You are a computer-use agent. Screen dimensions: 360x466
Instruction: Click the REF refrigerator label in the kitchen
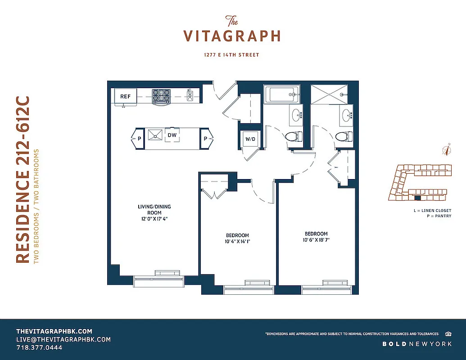pos(125,96)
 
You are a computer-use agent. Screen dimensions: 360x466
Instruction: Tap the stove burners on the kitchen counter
pos(161,96)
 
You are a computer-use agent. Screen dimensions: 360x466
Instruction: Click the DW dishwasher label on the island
pos(172,135)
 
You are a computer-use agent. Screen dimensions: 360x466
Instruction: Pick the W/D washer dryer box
pos(250,139)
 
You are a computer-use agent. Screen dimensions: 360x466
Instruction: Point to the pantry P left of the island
pos(139,139)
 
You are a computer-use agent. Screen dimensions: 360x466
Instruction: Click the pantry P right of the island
pos(205,139)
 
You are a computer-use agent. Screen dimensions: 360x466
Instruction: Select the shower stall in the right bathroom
pos(330,94)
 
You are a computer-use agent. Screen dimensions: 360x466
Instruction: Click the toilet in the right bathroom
pos(343,136)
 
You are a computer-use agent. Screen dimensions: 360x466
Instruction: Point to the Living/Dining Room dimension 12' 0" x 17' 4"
pos(154,219)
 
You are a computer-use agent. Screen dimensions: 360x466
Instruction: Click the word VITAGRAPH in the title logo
pos(232,36)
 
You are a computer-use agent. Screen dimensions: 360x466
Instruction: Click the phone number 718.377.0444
pos(39,348)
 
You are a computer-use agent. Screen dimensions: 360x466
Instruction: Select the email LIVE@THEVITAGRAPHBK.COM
pos(63,339)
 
